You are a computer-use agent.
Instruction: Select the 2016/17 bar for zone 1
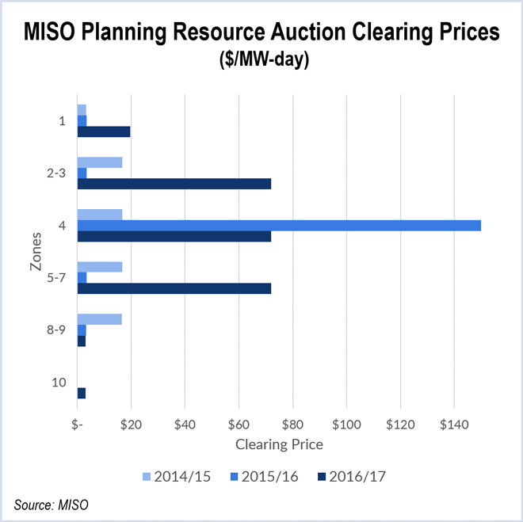[104, 131]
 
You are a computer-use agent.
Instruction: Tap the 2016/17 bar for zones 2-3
[174, 184]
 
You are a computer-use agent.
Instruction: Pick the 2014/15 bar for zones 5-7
[100, 267]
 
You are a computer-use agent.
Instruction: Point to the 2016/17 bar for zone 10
[82, 393]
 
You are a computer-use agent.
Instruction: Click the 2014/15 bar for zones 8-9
[100, 319]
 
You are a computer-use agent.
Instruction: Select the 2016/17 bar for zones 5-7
[174, 288]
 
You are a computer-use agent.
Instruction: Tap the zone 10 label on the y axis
[59, 383]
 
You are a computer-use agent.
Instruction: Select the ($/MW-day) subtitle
[261, 61]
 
